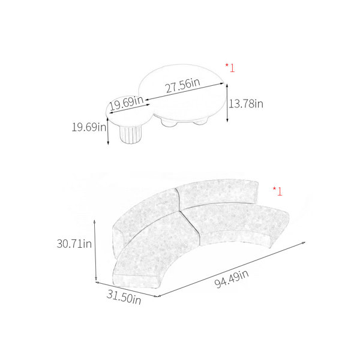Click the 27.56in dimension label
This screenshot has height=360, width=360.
pos(183,85)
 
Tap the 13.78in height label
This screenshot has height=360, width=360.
pos(246,104)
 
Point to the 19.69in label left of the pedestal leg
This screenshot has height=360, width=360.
pos(89,127)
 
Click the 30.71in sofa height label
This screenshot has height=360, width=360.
pos(74,244)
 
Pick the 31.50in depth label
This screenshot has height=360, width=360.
pos(124,298)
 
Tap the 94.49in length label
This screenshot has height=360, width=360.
pos(232,279)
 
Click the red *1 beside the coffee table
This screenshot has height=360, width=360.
pos(230,68)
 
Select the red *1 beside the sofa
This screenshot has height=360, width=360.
pos(278,191)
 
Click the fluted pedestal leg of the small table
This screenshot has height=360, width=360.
pos(131,135)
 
